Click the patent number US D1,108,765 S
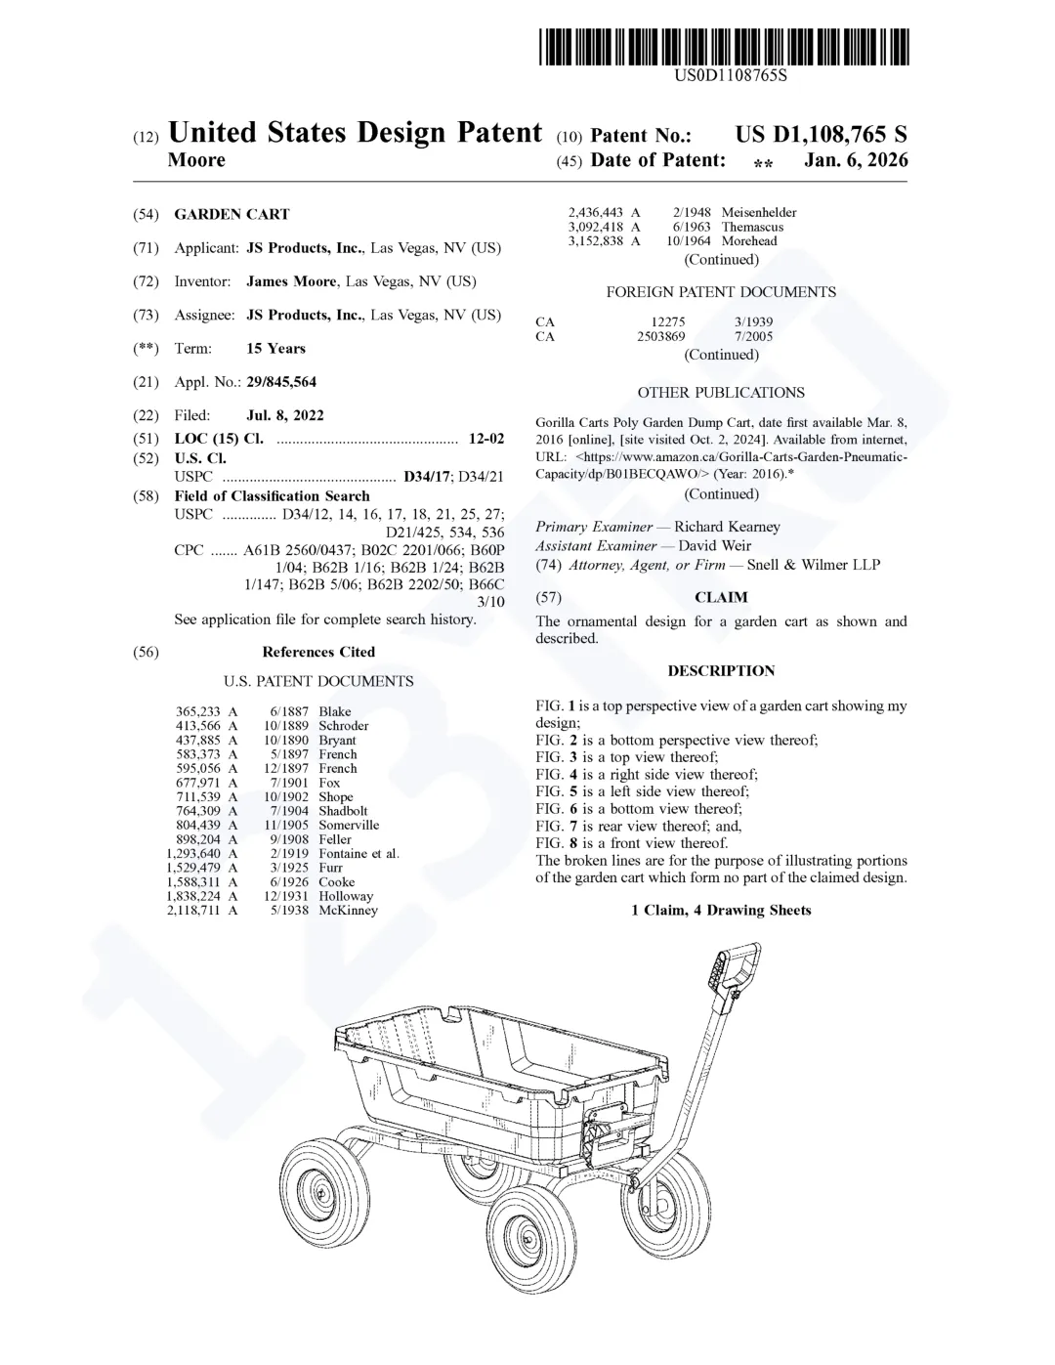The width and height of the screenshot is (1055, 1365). pos(821,135)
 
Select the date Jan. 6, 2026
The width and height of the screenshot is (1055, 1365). pos(856,160)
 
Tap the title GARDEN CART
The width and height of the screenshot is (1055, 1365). pos(232,214)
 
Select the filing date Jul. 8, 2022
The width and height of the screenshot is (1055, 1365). pos(285,415)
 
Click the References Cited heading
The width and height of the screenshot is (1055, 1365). pos(318,652)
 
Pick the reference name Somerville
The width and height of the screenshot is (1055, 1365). pos(349,825)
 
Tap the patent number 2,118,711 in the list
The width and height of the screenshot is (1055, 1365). pos(193,910)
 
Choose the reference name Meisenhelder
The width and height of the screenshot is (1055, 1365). pos(759,212)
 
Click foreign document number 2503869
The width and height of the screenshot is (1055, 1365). pos(661,336)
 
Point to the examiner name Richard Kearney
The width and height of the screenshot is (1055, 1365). pos(727,527)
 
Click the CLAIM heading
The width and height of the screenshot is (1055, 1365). pos(721,597)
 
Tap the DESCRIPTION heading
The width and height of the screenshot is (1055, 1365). pos(721,670)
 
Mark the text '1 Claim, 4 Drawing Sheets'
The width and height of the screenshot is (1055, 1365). pos(721,910)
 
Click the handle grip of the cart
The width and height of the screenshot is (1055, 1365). pos(735,967)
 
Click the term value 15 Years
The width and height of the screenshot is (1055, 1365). pos(275,349)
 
